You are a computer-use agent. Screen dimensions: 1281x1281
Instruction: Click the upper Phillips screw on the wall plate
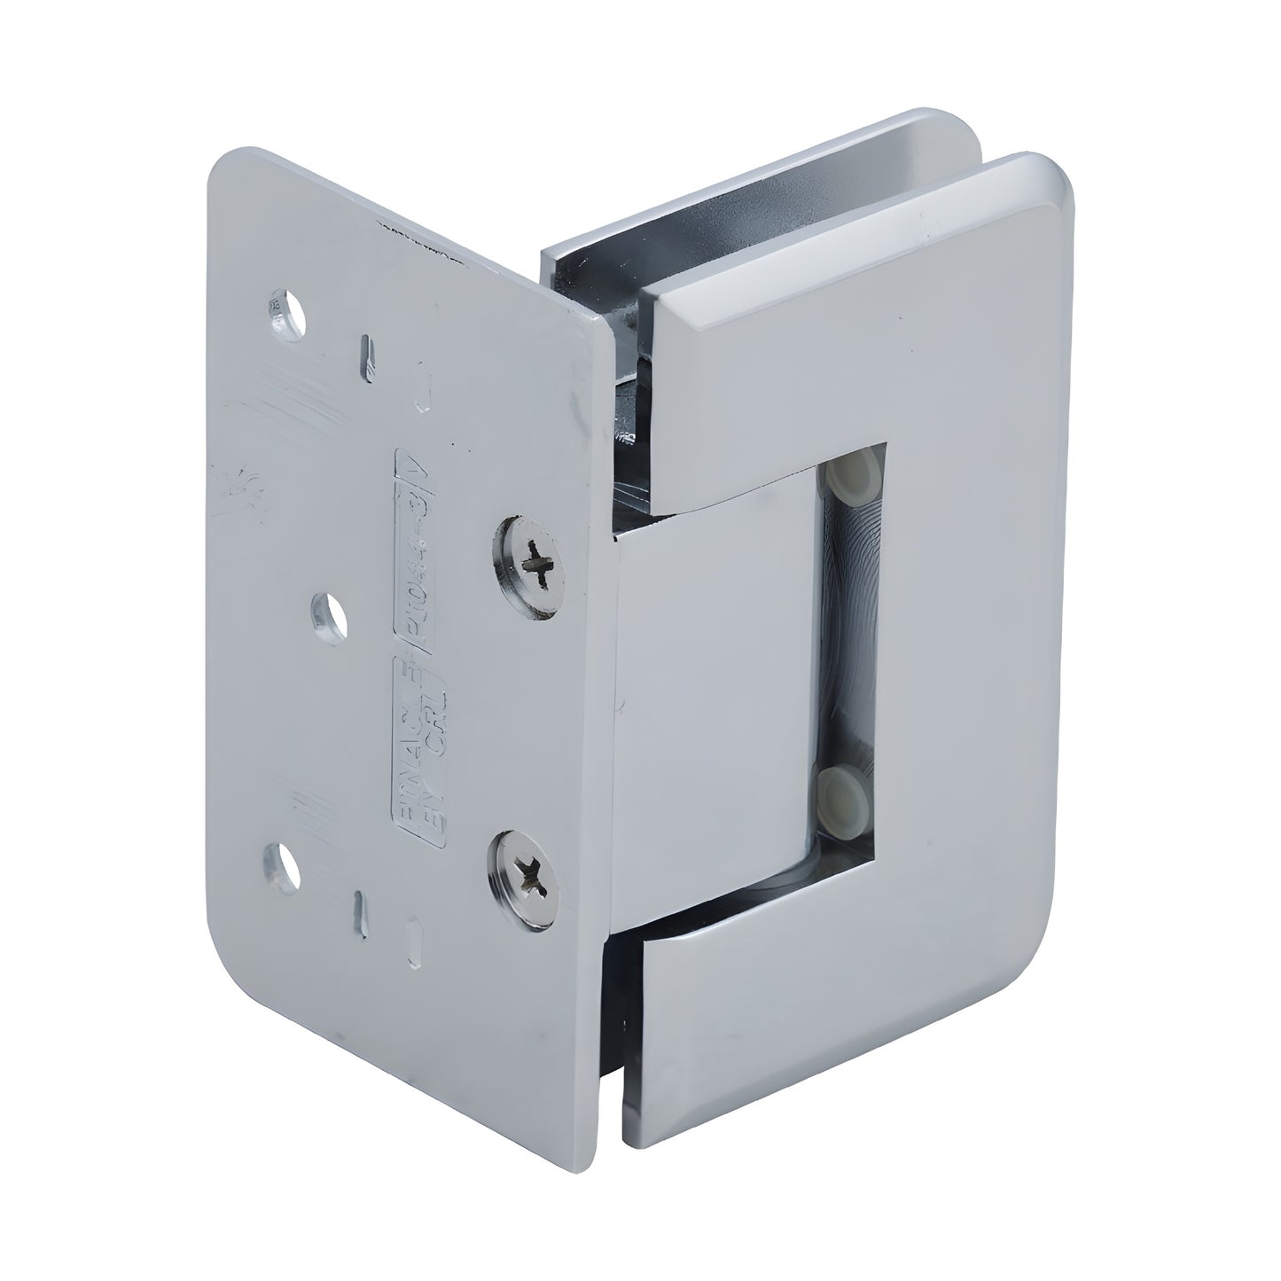[x=528, y=566]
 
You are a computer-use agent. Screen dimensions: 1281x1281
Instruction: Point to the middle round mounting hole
[x=332, y=612]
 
